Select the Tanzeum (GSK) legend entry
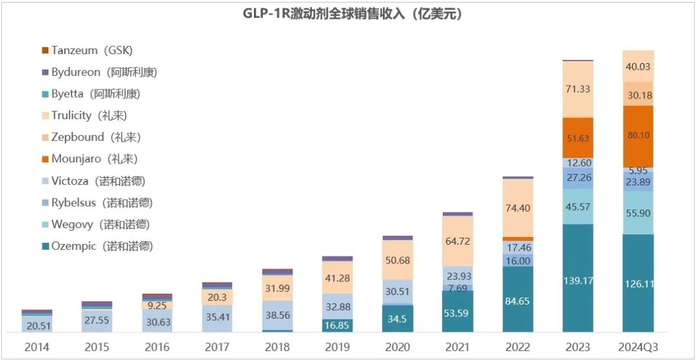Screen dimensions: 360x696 (x=86, y=50)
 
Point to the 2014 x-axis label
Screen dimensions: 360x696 (x=37, y=347)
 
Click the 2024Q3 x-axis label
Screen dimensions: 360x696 (x=637, y=347)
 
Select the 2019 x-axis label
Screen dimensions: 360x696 (x=337, y=347)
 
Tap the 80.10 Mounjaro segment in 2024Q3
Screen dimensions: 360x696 (x=637, y=137)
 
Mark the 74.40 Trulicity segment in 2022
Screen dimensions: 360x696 (x=517, y=208)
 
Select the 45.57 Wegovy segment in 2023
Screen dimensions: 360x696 (x=577, y=206)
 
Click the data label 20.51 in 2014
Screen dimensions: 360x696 (x=37, y=326)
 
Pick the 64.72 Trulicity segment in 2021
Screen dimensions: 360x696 (x=458, y=242)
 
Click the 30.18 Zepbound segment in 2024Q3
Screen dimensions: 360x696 (x=637, y=95)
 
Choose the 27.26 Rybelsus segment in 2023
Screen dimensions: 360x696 (x=577, y=177)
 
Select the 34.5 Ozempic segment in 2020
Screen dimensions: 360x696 (x=397, y=319)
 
